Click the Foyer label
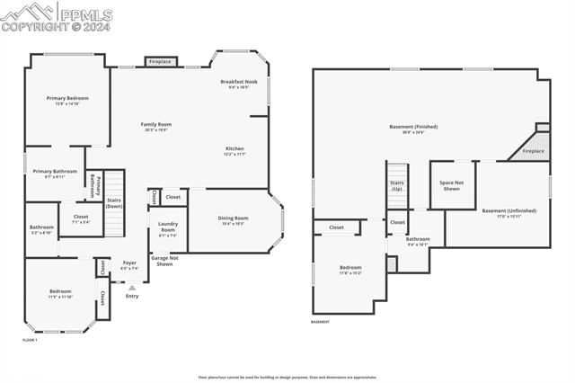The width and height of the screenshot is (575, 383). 129,265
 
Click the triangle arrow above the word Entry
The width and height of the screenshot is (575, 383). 132,288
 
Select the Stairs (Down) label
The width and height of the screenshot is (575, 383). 114,203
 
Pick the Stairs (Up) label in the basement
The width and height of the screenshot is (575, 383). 396,185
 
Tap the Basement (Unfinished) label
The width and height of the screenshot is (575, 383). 509,212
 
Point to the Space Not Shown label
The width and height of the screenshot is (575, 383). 450,185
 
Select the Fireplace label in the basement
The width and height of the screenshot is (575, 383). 533,151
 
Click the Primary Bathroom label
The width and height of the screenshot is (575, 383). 55,174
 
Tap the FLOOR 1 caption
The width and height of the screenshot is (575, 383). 30,340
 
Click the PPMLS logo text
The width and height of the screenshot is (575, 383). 84,13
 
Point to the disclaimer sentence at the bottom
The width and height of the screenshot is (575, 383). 287,378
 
